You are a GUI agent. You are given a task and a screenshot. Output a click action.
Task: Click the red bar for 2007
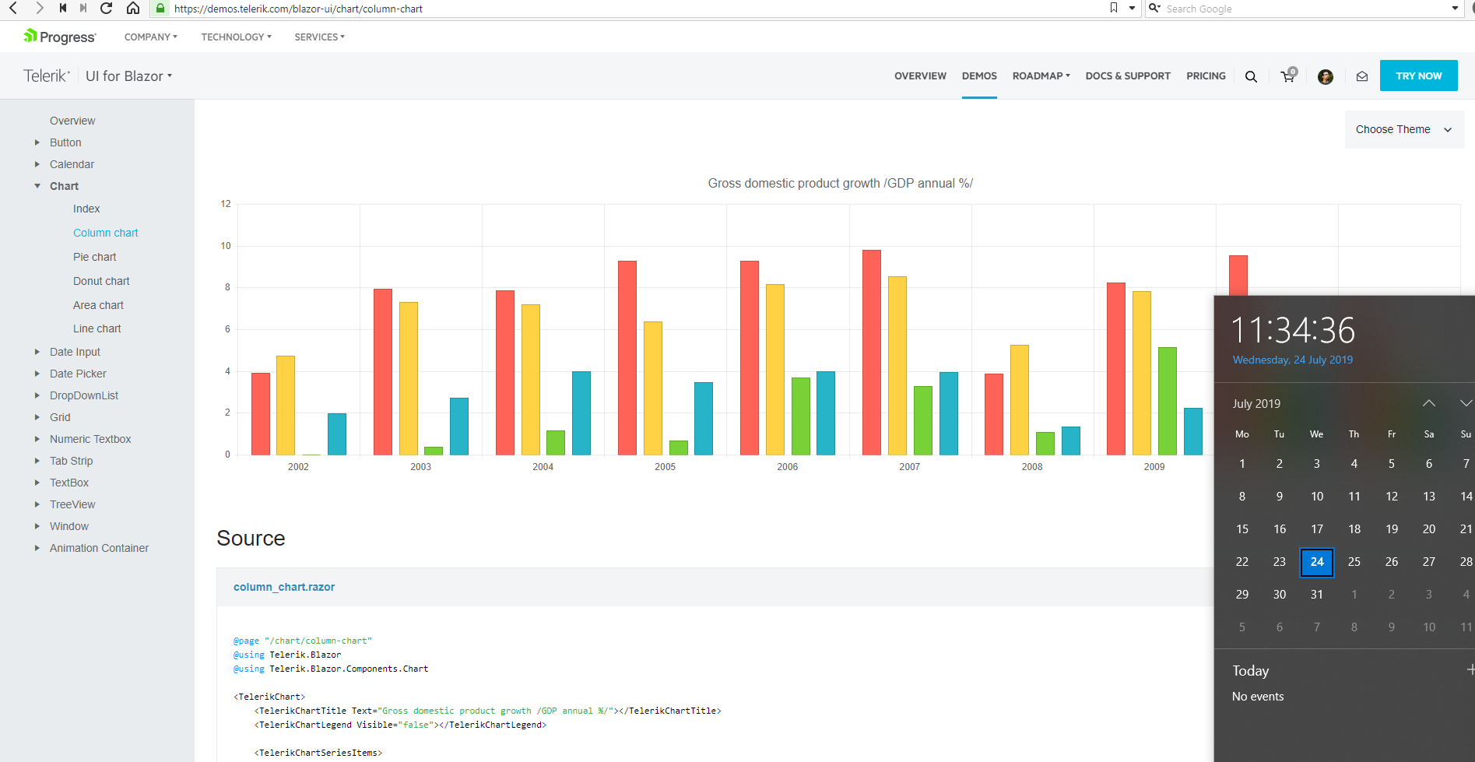pos(872,353)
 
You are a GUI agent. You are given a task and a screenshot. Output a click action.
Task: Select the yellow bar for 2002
pos(286,406)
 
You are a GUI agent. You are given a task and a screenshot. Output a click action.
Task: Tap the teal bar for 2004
pos(581,413)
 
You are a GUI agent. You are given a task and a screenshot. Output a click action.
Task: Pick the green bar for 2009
pos(1168,401)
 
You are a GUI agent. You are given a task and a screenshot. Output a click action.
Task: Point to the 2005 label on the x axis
pos(666,467)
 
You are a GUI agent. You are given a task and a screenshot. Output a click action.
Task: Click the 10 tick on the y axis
pos(226,246)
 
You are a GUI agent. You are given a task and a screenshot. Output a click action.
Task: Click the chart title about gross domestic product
pos(841,184)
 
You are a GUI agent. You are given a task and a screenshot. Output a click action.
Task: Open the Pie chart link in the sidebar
pos(95,257)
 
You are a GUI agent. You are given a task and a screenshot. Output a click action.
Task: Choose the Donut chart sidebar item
pos(101,281)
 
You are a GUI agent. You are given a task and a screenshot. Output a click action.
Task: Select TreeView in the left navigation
pos(72,504)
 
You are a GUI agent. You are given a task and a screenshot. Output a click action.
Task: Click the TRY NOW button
pos(1419,75)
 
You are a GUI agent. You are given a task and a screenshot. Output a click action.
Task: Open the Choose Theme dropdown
pos(1404,129)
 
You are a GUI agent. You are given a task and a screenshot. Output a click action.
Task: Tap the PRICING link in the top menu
pos(1206,75)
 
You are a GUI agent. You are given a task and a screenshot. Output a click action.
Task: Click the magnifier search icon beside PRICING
pos(1251,76)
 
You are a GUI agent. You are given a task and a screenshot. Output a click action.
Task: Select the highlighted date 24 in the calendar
pos(1317,562)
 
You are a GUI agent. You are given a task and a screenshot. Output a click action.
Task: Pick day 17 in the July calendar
pos(1317,529)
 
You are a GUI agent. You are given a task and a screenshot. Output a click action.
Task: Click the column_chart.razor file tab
pos(284,587)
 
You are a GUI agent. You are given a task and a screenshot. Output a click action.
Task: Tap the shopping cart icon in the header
pos(1289,75)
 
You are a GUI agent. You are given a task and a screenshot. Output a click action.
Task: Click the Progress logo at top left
pos(59,37)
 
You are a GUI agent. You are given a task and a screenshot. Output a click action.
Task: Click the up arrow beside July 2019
pos(1429,403)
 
